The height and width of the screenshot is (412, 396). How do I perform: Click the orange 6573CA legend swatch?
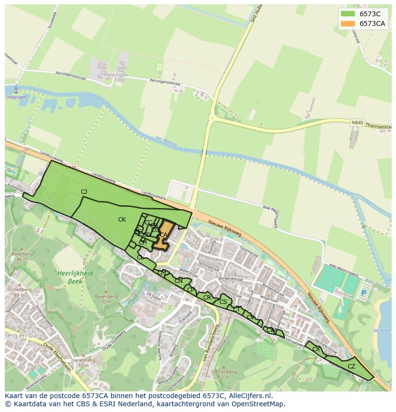pyautogui.click(x=348, y=24)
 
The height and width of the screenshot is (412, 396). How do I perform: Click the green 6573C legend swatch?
pyautogui.click(x=348, y=14)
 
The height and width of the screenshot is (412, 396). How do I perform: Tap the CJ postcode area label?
pyautogui.click(x=84, y=192)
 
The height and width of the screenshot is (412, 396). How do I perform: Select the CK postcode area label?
pyautogui.click(x=122, y=220)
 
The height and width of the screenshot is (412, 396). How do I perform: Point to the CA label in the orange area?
pyautogui.click(x=164, y=235)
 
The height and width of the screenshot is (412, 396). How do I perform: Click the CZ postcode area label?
pyautogui.click(x=352, y=367)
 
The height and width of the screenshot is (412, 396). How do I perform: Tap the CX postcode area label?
pyautogui.click(x=316, y=349)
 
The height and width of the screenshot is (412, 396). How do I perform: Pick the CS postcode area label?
pyautogui.click(x=223, y=302)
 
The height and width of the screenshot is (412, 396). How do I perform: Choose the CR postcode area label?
pyautogui.click(x=207, y=298)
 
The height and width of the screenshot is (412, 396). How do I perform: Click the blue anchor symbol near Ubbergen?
pyautogui.click(x=15, y=89)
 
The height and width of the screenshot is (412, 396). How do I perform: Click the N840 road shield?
pyautogui.click(x=357, y=122)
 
